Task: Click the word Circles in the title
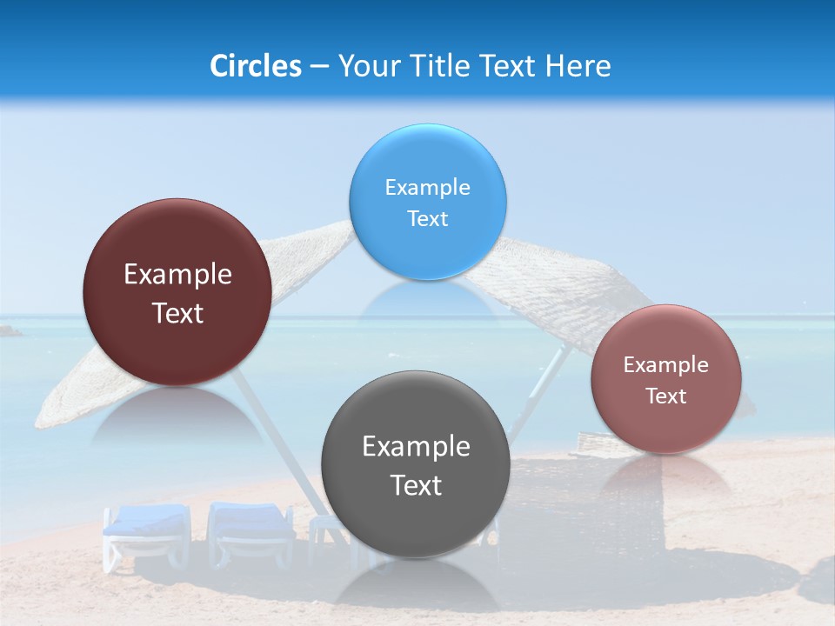point(255,66)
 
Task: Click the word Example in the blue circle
point(427,188)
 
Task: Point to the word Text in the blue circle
point(427,219)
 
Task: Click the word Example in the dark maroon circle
point(177,275)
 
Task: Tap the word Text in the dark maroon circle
point(177,314)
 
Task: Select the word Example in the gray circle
point(416,447)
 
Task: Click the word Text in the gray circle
point(416,486)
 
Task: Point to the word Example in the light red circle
point(666,365)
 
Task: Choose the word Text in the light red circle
point(666,396)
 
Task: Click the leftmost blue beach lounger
point(145,532)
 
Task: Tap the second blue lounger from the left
point(250,530)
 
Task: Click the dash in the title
point(319,67)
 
